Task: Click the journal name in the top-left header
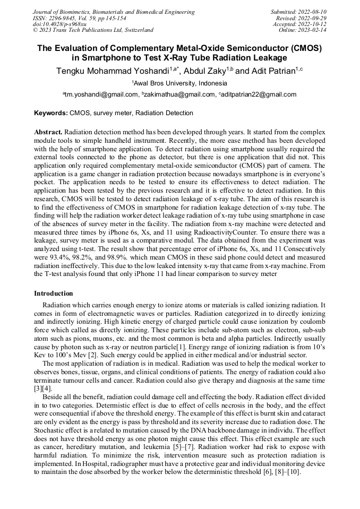114,12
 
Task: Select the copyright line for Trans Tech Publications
93,30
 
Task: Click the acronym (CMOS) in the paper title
307,48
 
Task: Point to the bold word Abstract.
48,132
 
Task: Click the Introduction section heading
54,294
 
